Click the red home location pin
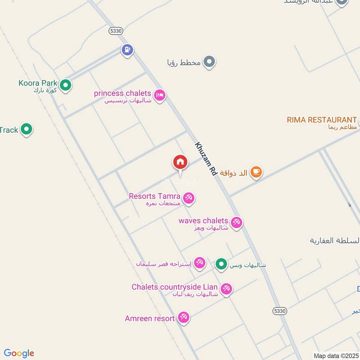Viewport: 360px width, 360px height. pos(180,162)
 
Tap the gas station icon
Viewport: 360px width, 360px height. pos(128,50)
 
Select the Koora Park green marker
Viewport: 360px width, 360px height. pos(66,85)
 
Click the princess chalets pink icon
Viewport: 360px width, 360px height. pos(159,95)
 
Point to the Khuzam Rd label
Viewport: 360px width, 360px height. pos(206,159)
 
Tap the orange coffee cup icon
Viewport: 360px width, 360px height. pos(256,171)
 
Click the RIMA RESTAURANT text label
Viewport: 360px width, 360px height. pos(322,120)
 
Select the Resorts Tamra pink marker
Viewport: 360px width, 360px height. pos(189,198)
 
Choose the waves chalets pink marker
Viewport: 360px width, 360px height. pos(236,222)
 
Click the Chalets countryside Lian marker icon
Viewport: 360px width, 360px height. pos(226,288)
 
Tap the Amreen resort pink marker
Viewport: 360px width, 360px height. pos(183,318)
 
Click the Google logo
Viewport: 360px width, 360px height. pos(19,353)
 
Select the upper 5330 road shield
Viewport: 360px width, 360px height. pos(116,30)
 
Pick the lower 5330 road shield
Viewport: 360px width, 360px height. pos(279,311)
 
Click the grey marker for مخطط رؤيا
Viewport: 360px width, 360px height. pos(209,62)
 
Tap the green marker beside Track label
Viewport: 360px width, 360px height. pos(27,130)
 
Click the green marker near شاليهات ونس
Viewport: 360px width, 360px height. pos(221,264)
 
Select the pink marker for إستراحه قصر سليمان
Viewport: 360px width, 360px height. pos(199,263)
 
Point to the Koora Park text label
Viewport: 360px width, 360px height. pos(38,83)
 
